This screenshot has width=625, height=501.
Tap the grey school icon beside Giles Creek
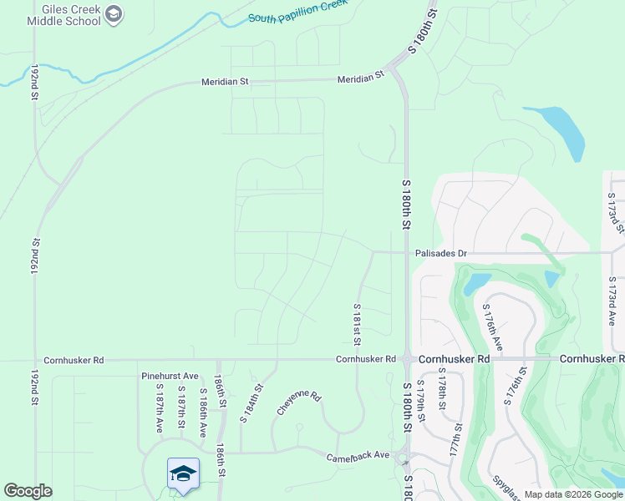point(115,14)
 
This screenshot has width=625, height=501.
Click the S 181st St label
point(357,324)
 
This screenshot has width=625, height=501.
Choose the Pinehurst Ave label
point(170,377)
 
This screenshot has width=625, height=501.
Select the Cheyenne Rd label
point(298,404)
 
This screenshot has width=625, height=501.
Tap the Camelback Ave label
point(358,455)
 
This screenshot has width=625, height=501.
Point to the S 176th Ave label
point(493,326)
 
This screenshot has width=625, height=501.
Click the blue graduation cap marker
point(183,474)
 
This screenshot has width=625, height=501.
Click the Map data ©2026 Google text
point(572,494)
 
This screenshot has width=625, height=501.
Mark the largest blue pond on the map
point(560,129)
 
